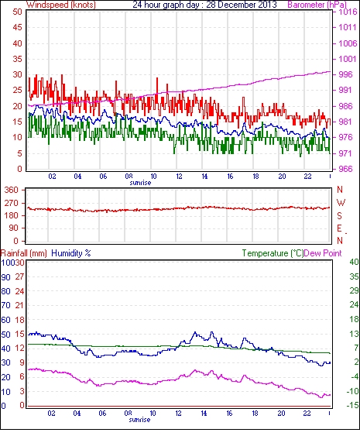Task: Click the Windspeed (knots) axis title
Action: point(60,5)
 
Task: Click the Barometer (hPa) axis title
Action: point(317,5)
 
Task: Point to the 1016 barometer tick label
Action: point(348,12)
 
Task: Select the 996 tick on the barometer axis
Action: point(345,74)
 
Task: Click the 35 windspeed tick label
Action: point(17,59)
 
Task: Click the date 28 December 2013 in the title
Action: point(242,5)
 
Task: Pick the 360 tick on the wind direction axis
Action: point(11,190)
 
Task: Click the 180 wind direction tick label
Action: point(11,215)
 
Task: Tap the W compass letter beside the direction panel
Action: point(341,203)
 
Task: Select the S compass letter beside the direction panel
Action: point(339,215)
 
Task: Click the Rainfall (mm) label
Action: point(24,253)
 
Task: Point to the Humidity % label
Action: point(71,253)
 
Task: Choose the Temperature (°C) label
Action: point(273,253)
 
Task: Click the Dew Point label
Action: point(323,253)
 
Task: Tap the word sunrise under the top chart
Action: point(140,183)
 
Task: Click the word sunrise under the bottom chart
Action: point(139,420)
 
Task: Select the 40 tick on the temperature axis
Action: point(354,262)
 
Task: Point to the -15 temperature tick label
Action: point(352,405)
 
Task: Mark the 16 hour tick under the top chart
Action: point(230,177)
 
